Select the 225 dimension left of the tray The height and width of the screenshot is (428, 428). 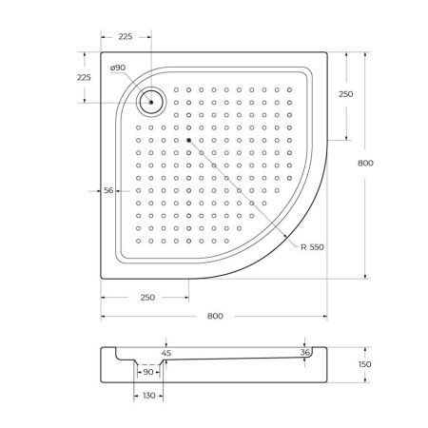click(x=83, y=77)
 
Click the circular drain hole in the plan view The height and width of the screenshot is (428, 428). click(x=150, y=99)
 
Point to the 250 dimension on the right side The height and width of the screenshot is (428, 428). click(x=347, y=94)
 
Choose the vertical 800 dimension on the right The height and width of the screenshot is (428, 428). click(x=365, y=163)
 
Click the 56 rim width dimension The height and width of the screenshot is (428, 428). click(x=109, y=191)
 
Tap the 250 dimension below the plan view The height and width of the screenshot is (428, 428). click(x=146, y=298)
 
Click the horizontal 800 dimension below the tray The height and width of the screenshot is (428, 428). click(x=216, y=316)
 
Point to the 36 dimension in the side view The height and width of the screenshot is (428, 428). click(x=303, y=352)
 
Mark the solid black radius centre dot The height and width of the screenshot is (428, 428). click(x=189, y=140)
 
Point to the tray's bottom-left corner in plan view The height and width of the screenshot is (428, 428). click(x=101, y=281)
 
